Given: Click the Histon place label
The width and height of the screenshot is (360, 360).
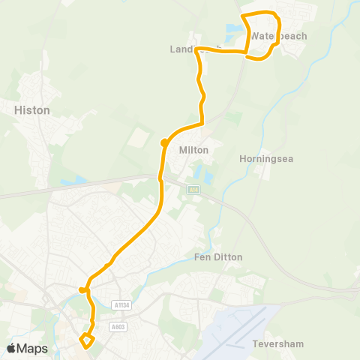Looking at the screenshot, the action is (32, 110).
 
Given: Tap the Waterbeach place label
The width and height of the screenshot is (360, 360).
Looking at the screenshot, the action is (279, 36).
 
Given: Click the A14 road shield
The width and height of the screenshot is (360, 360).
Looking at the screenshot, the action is (194, 191).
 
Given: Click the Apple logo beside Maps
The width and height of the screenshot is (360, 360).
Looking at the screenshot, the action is (12, 349).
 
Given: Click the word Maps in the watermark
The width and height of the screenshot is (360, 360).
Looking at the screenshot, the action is (34, 349).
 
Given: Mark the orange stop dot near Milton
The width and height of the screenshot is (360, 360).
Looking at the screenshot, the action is (163, 142).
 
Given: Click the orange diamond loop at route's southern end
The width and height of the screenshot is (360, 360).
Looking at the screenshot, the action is (87, 342).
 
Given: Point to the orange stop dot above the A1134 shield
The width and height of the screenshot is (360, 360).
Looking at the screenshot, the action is (82, 289).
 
